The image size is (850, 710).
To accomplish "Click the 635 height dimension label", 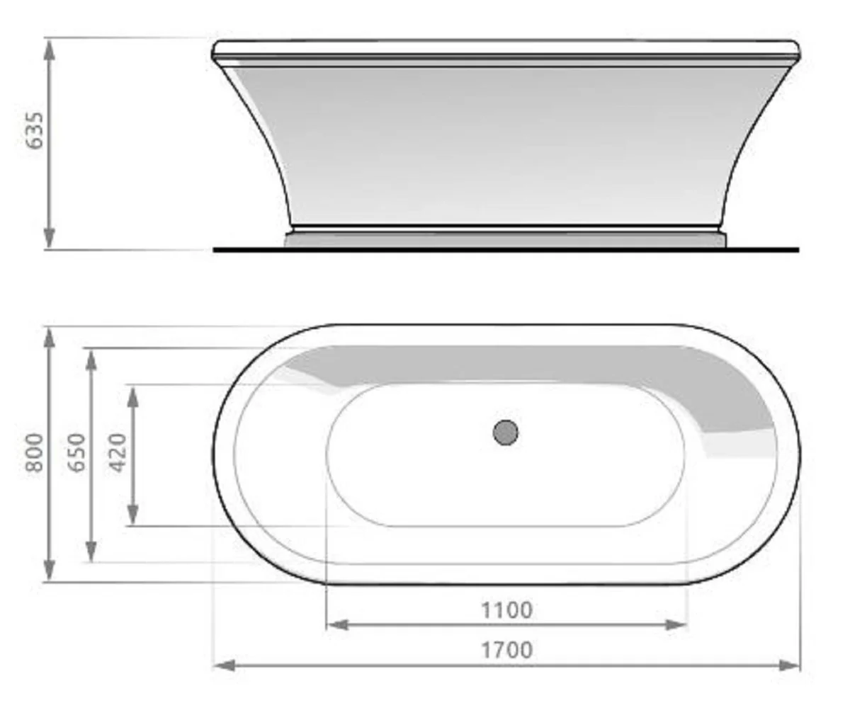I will (x=35, y=130).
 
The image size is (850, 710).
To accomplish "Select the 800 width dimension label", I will (x=35, y=454).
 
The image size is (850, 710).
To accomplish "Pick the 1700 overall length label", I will (x=506, y=650).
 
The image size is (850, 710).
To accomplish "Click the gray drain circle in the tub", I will (x=506, y=432).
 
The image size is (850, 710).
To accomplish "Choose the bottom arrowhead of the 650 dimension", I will (x=91, y=551).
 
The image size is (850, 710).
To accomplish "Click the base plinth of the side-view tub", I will (x=506, y=239).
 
